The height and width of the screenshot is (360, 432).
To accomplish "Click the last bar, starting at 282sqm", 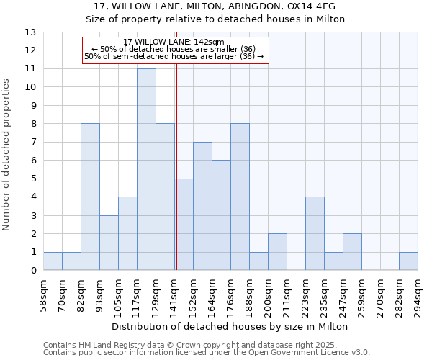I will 408,261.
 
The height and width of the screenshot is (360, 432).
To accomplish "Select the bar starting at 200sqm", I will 277,252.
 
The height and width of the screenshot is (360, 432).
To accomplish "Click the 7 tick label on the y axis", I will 32,143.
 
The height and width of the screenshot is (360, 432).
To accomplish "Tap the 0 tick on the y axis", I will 32,271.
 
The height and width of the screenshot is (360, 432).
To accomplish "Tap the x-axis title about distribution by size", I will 230,326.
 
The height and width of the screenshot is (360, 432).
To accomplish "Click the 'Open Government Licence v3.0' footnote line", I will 207,353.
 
